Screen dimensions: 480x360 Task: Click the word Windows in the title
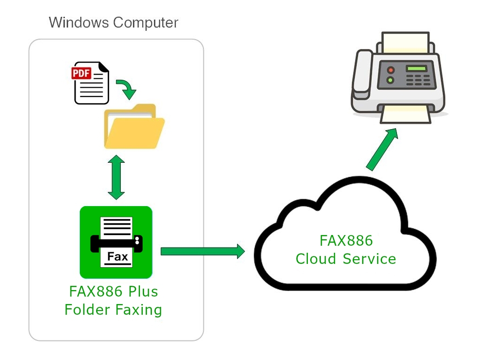79,22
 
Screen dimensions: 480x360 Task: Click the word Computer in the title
146,23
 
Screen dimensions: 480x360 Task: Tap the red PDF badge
81,73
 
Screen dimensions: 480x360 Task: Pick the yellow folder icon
134,126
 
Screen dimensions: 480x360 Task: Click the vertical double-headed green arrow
116,177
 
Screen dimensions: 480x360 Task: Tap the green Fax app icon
116,242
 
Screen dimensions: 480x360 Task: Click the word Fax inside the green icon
118,256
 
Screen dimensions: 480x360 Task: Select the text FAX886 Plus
113,291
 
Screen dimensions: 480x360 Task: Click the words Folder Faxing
113,310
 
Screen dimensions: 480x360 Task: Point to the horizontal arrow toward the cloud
202,251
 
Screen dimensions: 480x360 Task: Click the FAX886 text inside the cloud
346,241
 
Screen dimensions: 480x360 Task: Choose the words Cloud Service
346,259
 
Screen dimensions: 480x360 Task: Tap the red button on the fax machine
390,70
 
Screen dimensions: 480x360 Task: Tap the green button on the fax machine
390,80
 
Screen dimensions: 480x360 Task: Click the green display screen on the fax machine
416,68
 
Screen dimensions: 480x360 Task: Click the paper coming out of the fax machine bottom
406,115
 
